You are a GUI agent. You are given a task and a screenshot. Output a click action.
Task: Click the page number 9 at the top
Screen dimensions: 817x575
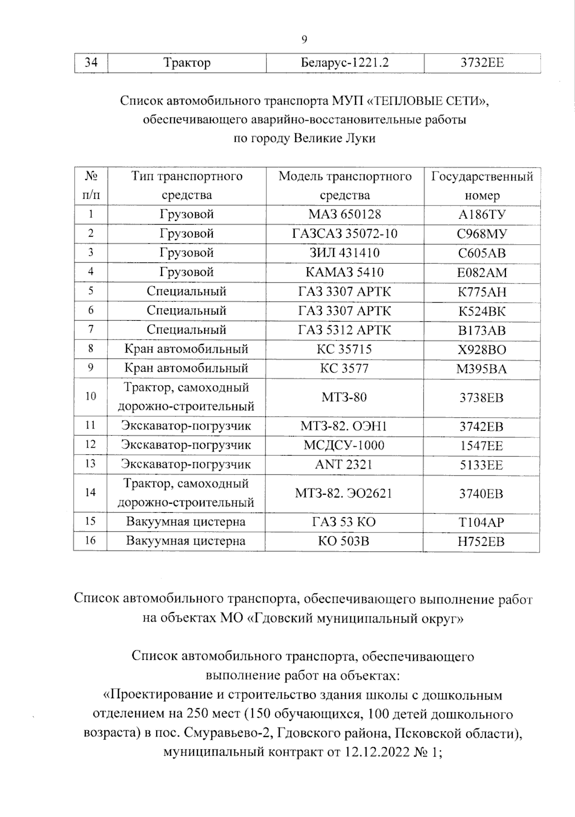coord(304,40)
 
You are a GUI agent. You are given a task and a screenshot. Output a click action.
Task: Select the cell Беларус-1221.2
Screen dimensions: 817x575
coord(345,63)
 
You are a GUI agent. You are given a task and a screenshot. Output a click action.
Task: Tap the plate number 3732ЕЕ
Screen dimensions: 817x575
coord(482,63)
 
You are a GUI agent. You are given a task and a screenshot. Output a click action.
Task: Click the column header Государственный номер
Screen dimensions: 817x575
coord(482,186)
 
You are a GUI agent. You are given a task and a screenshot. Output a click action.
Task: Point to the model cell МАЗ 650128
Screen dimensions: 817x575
coord(345,214)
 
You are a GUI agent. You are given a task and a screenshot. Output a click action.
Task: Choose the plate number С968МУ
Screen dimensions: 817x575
coord(482,234)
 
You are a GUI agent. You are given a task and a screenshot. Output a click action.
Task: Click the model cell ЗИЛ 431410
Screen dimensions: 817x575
coord(345,253)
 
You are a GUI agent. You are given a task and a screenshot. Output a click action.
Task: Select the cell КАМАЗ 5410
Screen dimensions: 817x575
coord(345,272)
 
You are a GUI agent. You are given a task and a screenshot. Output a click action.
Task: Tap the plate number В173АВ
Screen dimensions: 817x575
coord(482,330)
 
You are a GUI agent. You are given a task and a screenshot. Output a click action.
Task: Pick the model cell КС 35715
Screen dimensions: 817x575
coord(345,349)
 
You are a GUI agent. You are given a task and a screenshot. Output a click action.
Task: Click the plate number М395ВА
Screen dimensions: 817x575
coord(482,369)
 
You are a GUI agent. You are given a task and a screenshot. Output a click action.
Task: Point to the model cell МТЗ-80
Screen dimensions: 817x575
coord(345,397)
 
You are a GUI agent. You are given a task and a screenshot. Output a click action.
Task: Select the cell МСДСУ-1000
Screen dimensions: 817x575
coord(345,445)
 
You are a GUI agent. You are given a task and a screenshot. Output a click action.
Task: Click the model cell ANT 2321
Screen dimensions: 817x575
coord(345,465)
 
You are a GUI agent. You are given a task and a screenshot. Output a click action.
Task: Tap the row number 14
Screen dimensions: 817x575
coord(91,493)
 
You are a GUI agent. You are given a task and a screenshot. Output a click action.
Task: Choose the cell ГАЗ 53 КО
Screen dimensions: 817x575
coord(345,522)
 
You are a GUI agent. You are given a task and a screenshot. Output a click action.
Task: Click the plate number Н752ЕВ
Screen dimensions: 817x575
coord(482,541)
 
